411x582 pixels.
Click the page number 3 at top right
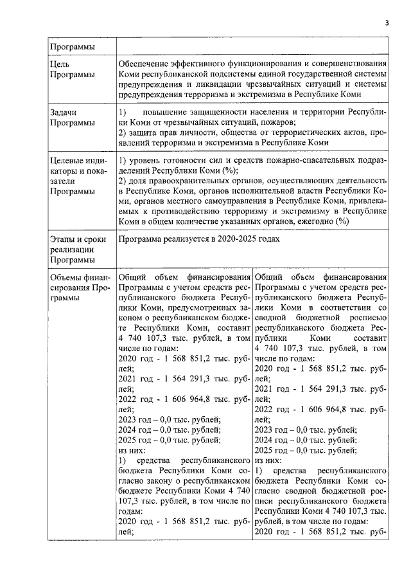(x=387, y=23)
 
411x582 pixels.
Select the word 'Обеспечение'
(x=145, y=64)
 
